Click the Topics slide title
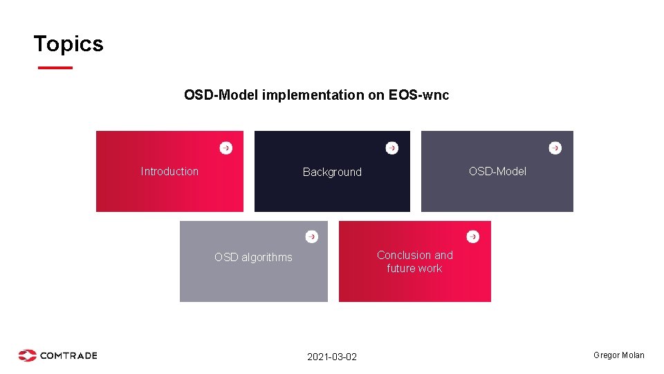[x=68, y=44]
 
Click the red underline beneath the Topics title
[x=55, y=68]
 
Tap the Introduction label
[x=169, y=171]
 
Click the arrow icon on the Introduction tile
[x=226, y=148]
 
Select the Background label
[x=332, y=172]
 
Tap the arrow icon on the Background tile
[x=392, y=148]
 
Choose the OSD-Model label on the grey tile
[x=497, y=171]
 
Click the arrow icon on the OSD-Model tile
[x=555, y=148]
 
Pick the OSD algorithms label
[x=253, y=257]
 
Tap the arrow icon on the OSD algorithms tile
[x=312, y=236]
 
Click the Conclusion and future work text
[x=414, y=261]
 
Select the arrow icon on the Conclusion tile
[x=473, y=236]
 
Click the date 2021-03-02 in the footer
[x=332, y=357]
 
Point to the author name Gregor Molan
[x=618, y=355]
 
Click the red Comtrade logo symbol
[x=28, y=355]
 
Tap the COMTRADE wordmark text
[x=68, y=355]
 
